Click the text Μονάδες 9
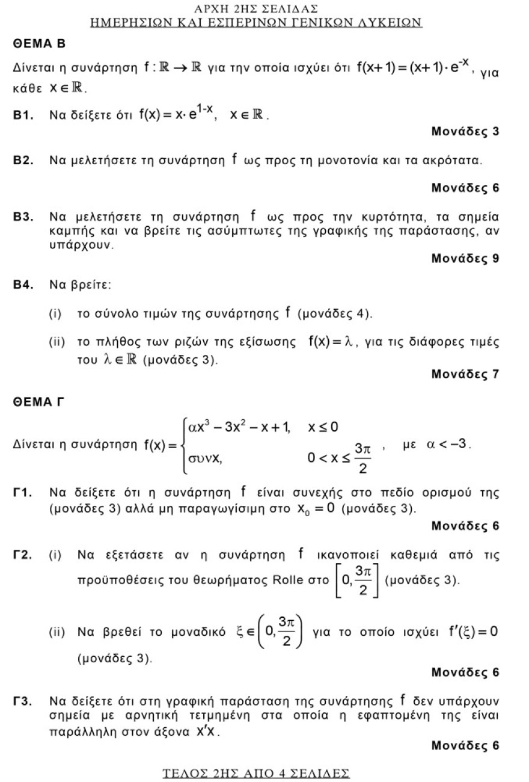(465, 259)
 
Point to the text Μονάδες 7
(465, 374)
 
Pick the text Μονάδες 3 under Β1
(465, 131)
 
